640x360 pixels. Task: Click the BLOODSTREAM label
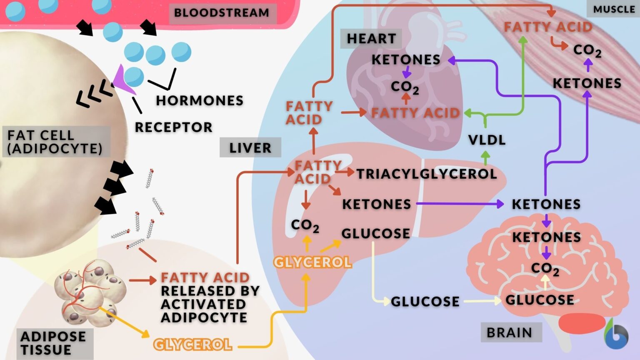click(x=222, y=13)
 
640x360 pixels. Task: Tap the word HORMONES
click(x=200, y=101)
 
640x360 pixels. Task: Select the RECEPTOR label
click(x=173, y=127)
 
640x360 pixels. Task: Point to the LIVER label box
click(x=250, y=148)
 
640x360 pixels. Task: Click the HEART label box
click(x=371, y=39)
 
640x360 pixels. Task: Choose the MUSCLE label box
click(x=614, y=9)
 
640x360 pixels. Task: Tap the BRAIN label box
click(x=510, y=332)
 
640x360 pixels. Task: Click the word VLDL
click(x=487, y=140)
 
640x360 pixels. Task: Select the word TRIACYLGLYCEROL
click(x=426, y=174)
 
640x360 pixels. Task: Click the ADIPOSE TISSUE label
click(x=53, y=343)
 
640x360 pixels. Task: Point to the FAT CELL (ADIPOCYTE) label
click(x=55, y=142)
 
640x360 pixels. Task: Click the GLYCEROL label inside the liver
click(x=312, y=262)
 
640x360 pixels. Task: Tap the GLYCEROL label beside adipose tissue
click(x=192, y=345)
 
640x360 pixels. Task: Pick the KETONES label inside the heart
click(x=406, y=60)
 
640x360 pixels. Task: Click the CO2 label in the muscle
click(x=587, y=50)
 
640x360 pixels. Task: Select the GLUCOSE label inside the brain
click(x=540, y=300)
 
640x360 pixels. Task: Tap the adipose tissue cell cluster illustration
click(x=90, y=292)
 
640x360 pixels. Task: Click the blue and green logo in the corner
click(x=616, y=335)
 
